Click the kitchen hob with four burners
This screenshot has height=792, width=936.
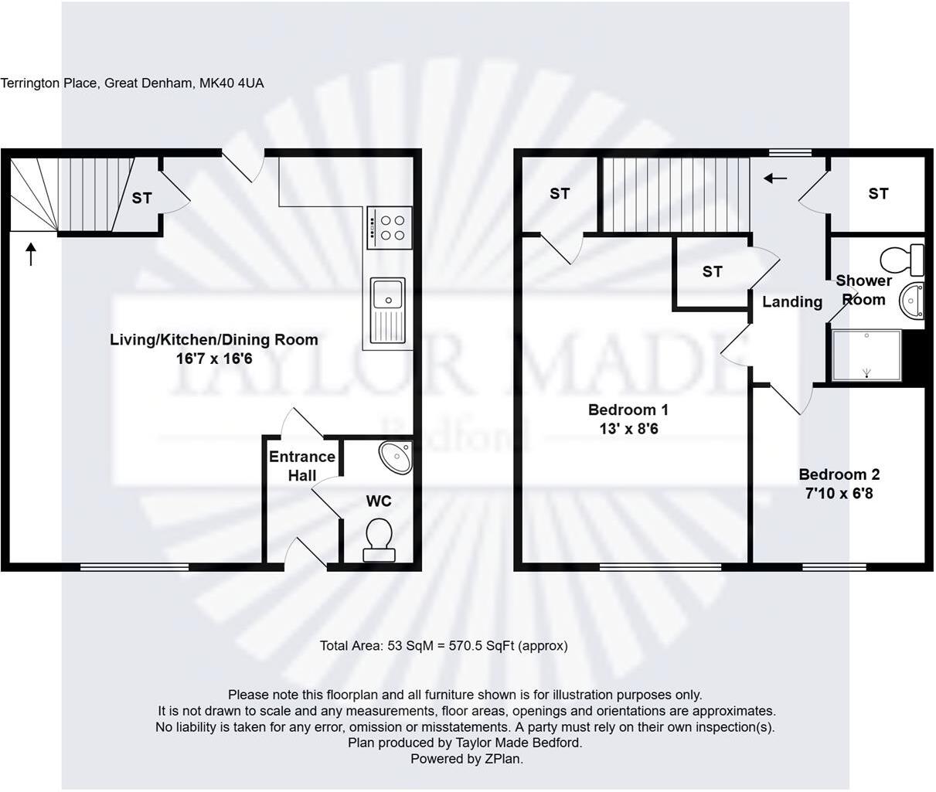389,227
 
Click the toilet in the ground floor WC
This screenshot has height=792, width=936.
378,539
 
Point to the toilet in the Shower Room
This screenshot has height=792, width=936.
904,259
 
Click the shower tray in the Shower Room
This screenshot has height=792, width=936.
866,355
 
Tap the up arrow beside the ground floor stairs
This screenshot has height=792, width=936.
31,254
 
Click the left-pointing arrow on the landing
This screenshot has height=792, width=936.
775,178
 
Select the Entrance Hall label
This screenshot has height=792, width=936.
302,466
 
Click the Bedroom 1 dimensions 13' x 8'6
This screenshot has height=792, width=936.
628,429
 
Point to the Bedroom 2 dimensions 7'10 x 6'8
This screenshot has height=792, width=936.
839,493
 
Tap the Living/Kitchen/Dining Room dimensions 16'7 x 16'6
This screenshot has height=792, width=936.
214,359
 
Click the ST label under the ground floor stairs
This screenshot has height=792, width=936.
141,199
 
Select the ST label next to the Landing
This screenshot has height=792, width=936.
712,271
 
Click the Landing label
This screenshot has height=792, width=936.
792,302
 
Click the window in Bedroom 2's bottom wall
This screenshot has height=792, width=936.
833,567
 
